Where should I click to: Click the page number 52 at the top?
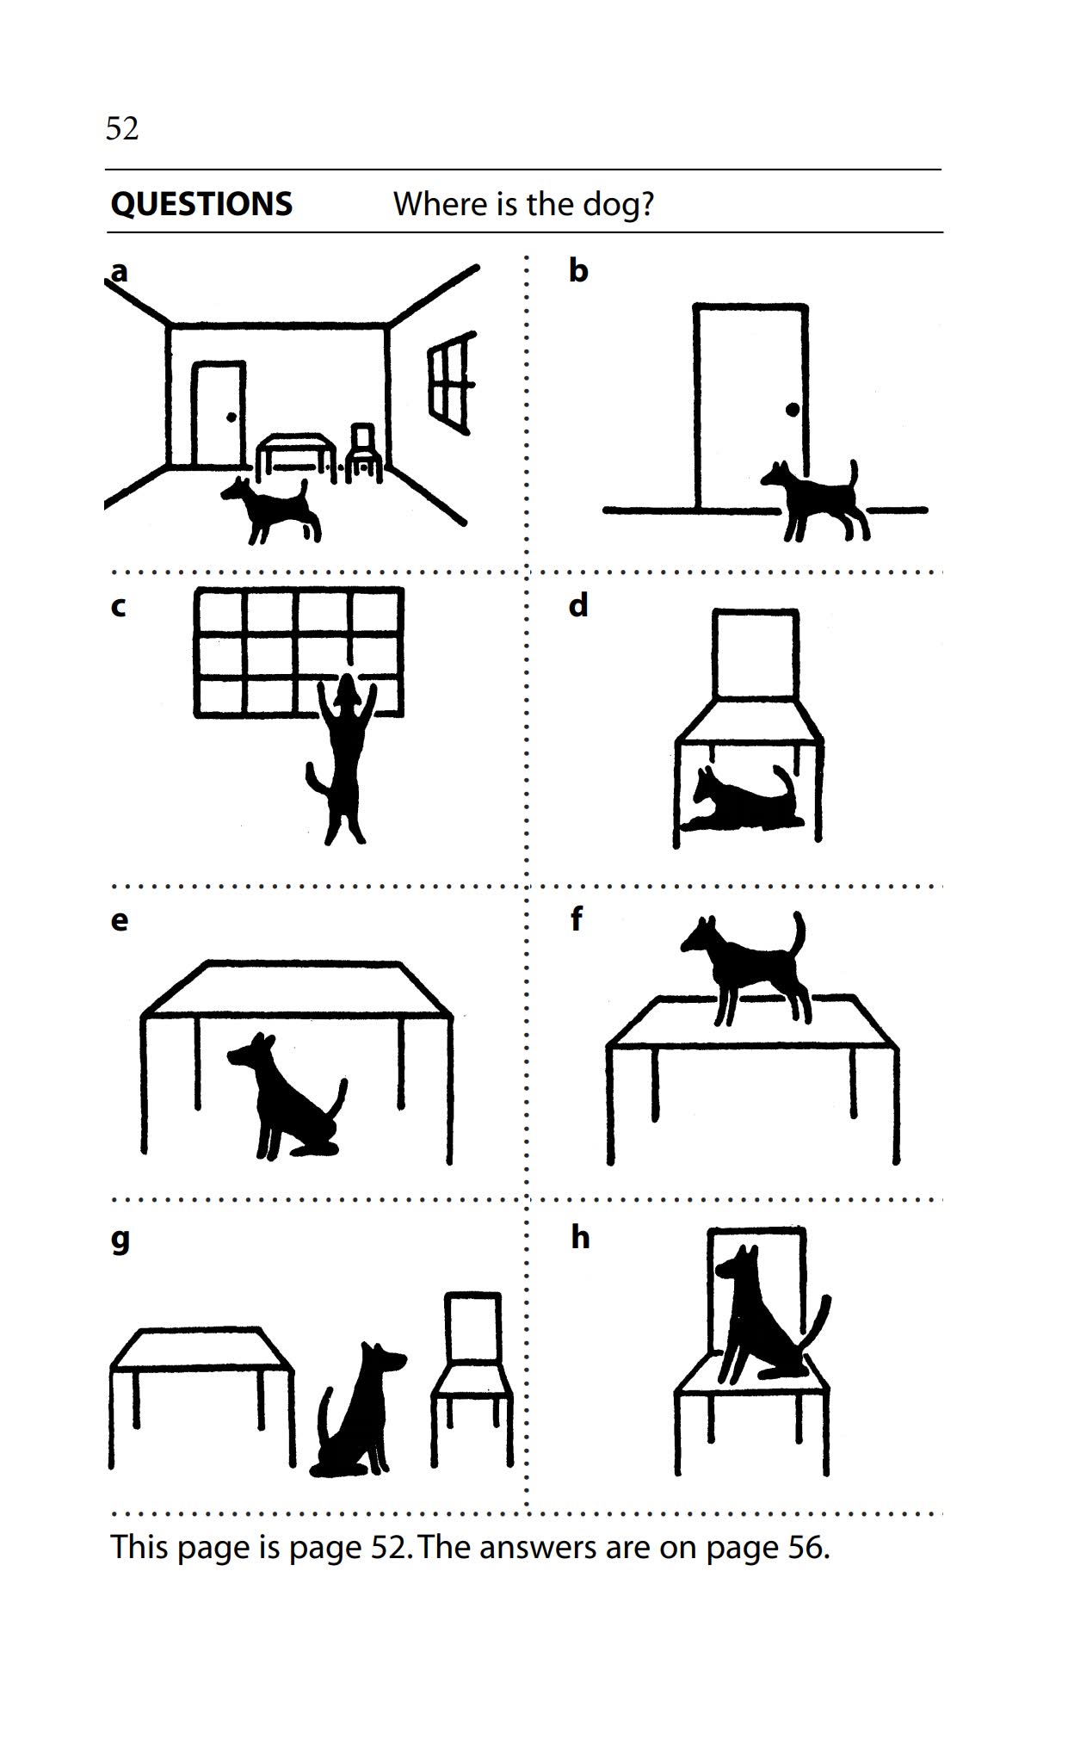121,128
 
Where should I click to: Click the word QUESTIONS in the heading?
201,204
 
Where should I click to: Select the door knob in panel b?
792,411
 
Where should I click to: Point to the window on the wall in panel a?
450,383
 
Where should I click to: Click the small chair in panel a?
365,453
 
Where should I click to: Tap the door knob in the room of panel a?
231,418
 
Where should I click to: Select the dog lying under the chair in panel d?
744,801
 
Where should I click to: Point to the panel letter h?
580,1238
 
